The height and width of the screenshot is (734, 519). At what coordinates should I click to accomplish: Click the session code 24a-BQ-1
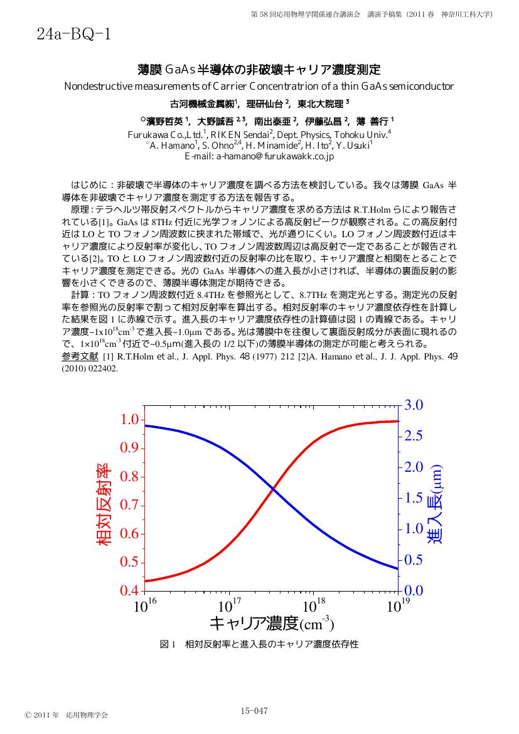(73, 34)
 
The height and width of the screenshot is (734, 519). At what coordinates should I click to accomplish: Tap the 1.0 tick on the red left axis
(130, 420)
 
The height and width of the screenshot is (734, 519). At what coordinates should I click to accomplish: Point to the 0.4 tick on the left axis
(130, 590)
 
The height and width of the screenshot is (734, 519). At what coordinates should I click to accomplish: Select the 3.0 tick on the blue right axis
(413, 405)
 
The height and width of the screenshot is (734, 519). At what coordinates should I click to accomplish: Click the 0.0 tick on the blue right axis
(413, 590)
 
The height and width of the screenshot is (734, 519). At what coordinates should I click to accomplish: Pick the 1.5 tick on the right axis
(413, 497)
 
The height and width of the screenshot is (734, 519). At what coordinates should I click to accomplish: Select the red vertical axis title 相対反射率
(104, 504)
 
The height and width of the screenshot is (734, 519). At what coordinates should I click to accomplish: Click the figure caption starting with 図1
(260, 644)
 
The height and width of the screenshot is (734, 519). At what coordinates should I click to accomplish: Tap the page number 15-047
(254, 711)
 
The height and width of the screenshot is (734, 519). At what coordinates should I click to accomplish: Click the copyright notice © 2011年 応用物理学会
(66, 715)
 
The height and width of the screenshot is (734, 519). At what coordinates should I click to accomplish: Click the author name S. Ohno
(218, 146)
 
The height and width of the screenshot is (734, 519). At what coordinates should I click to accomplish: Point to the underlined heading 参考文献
(80, 357)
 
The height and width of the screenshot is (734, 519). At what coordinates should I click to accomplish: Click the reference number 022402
(100, 369)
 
